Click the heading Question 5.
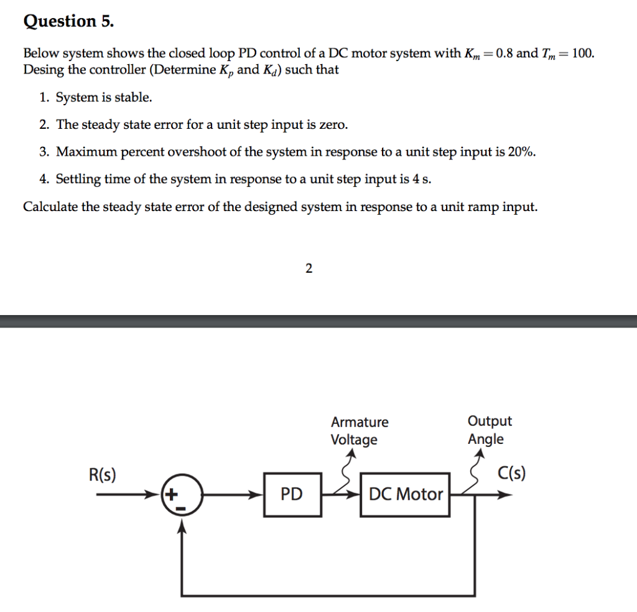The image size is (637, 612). point(68,22)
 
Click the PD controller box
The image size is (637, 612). point(291,494)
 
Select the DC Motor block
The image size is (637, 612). point(406,494)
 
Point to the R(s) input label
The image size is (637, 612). point(102,476)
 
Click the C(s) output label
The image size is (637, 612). point(512,474)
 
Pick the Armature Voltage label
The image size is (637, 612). point(360,431)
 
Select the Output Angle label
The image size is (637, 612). point(490,430)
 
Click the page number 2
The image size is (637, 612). point(309,268)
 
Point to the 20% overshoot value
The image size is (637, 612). point(521,152)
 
